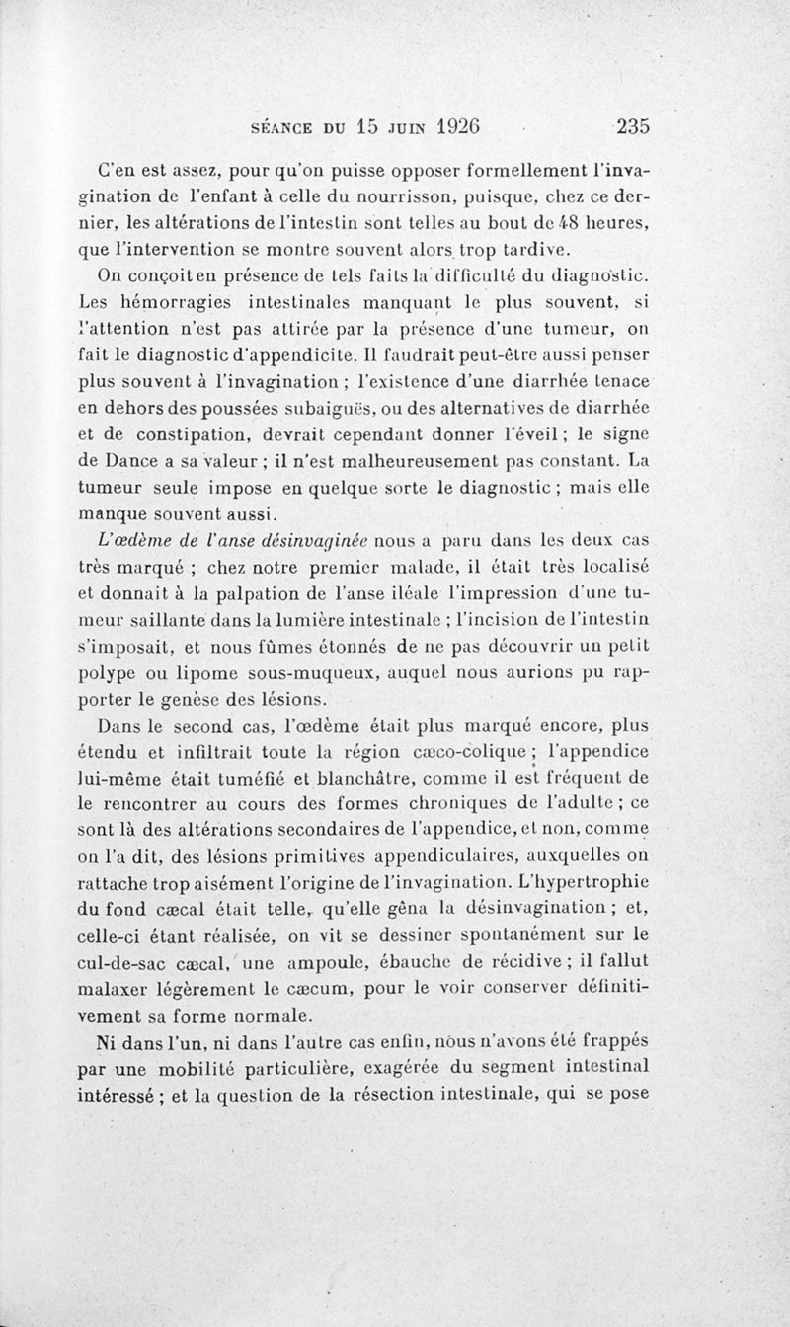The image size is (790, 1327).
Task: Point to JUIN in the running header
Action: coord(400,126)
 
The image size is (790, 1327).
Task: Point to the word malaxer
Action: coord(113,986)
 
